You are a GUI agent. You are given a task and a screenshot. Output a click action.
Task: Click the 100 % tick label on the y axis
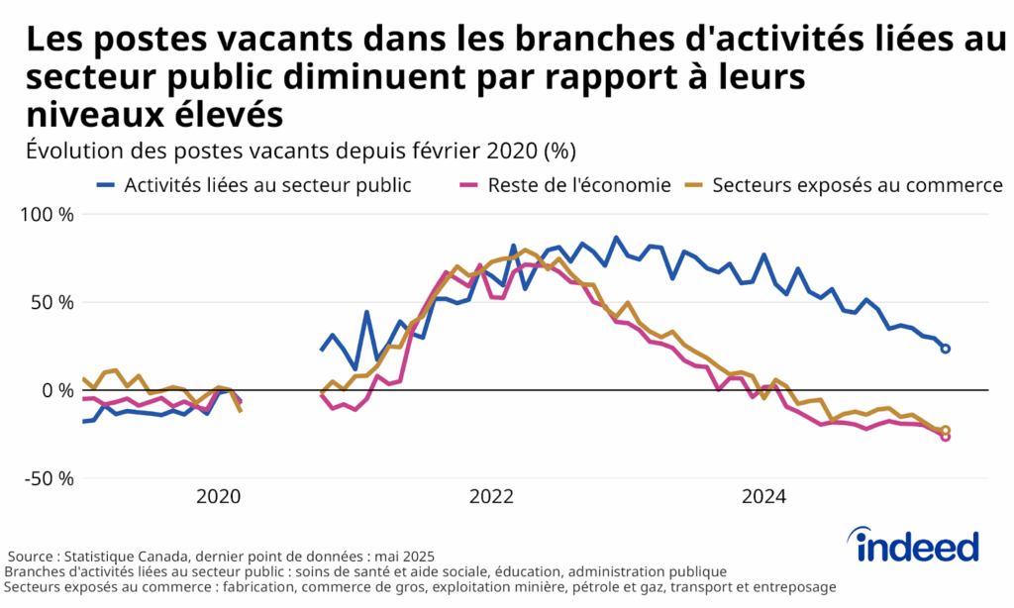tap(47, 214)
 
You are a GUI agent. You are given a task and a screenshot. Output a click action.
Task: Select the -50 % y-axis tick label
tap(49, 478)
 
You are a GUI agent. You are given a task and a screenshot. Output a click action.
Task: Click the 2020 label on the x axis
tap(219, 497)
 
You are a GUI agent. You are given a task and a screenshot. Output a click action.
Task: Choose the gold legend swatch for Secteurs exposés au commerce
tap(696, 185)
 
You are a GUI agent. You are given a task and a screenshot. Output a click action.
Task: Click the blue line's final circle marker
tap(946, 349)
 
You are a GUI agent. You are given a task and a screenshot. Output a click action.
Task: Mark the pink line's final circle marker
tap(946, 437)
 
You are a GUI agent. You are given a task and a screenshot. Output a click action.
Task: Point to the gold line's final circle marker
tap(946, 430)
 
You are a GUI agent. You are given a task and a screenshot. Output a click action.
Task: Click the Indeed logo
tap(917, 546)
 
